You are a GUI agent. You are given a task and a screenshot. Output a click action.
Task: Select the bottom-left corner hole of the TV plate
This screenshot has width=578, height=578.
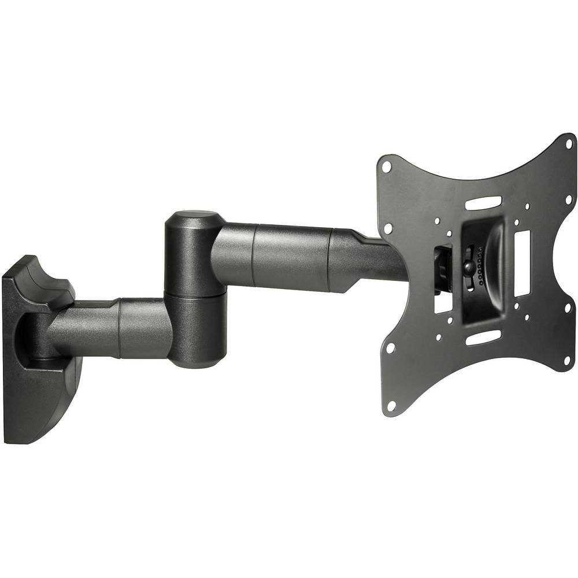click(391, 406)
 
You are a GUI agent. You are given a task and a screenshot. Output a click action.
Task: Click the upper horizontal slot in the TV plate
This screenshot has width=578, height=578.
click(483, 203)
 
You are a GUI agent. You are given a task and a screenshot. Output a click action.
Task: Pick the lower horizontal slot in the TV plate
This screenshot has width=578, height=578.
click(483, 337)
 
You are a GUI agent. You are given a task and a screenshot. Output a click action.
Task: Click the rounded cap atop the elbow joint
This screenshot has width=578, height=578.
click(195, 218)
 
